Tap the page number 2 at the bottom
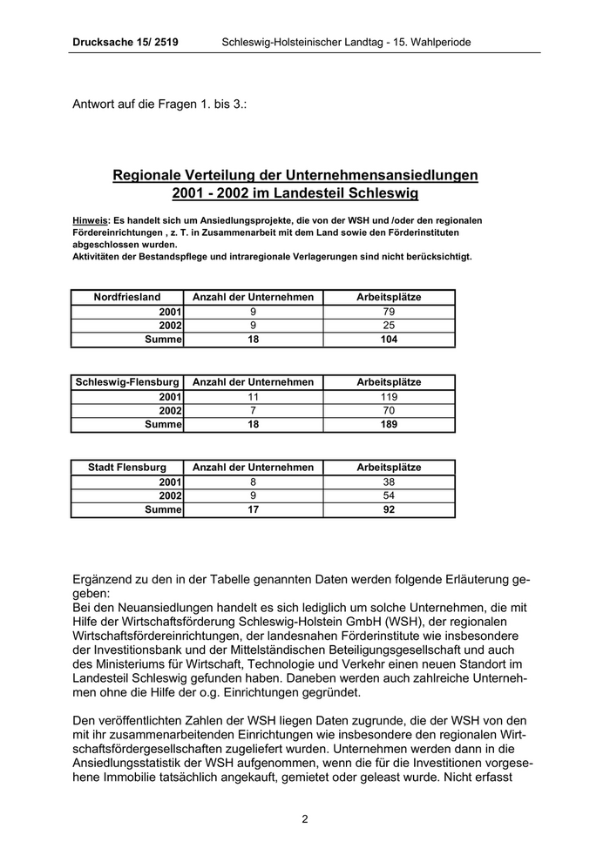coord(305,818)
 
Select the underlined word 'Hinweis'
coord(90,221)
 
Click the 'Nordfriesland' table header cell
coord(127,297)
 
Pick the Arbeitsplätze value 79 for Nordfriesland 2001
coord(389,312)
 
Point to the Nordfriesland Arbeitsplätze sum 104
coord(389,340)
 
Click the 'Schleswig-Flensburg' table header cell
coord(127,382)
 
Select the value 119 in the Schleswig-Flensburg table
coord(389,396)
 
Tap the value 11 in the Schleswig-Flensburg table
coord(253,396)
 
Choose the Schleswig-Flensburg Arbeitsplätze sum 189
coord(389,425)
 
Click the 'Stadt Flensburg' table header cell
coord(127,468)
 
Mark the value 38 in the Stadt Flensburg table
coord(389,482)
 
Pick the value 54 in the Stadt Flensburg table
coord(389,495)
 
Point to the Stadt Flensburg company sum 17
coord(253,510)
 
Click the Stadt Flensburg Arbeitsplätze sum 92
coord(389,510)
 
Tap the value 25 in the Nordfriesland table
coord(389,326)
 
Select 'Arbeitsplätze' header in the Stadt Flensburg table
coord(389,468)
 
